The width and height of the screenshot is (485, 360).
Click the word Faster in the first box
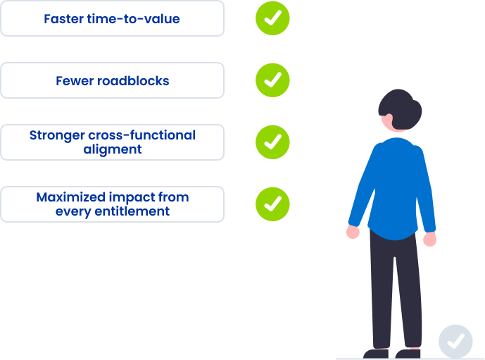point(63,19)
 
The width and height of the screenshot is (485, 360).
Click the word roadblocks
point(134,81)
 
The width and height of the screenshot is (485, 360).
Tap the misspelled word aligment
point(113,149)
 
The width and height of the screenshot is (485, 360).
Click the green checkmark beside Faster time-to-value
point(272,18)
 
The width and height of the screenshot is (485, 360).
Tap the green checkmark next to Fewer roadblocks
point(272,80)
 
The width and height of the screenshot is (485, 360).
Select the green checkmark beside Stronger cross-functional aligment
point(272,142)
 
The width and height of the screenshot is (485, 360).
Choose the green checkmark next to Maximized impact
point(272,204)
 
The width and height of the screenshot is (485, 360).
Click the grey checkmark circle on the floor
point(455,342)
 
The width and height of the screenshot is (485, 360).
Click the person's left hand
point(353,232)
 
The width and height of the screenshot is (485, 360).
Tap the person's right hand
point(429,239)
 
